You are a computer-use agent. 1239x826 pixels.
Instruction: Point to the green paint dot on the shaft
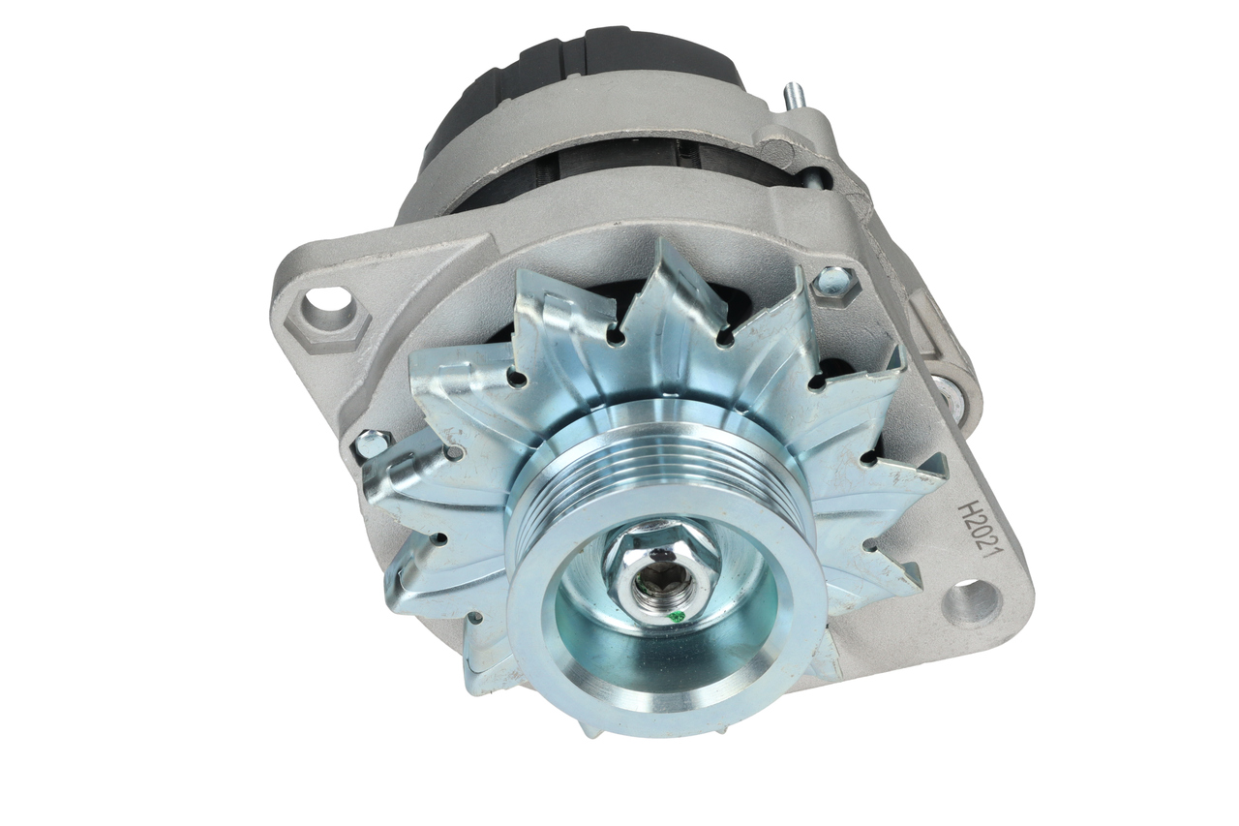(x=674, y=616)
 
